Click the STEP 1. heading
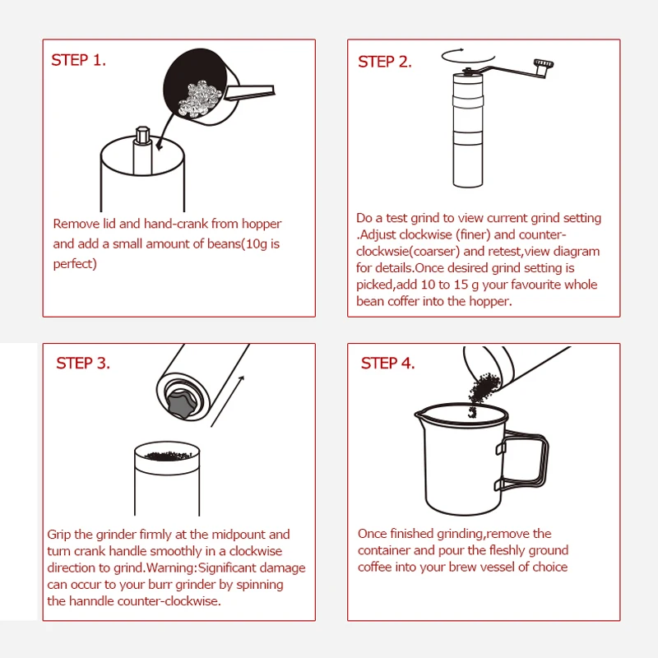click(78, 60)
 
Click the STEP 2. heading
click(385, 62)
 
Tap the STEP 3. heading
click(83, 363)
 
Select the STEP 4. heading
click(387, 363)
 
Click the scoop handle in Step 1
click(249, 92)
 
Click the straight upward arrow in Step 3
click(227, 401)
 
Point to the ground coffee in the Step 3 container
click(168, 456)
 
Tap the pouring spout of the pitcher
click(419, 415)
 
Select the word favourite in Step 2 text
click(536, 285)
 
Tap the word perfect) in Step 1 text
click(75, 264)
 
